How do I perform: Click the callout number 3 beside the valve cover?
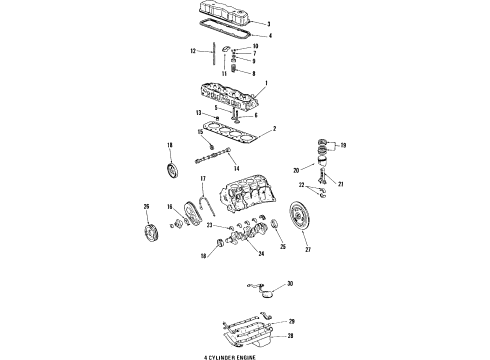pyautogui.click(x=267, y=23)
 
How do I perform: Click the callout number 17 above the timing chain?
pyautogui.click(x=202, y=179)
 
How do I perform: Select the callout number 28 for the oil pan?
pyautogui.click(x=292, y=337)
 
